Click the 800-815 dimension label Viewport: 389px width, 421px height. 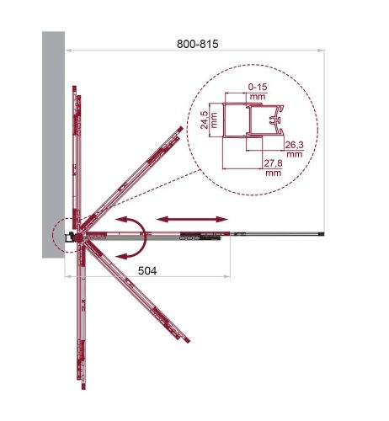pos(197,44)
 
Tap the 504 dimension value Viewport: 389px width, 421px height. pos(147,271)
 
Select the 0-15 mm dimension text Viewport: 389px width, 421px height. pos(258,92)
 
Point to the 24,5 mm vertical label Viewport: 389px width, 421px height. pos(209,120)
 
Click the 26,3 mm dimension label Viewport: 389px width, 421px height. pos(295,149)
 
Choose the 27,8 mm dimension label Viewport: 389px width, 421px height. pos(273,168)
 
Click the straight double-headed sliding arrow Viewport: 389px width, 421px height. pos(192,219)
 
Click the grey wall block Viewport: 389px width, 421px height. pos(53,145)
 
